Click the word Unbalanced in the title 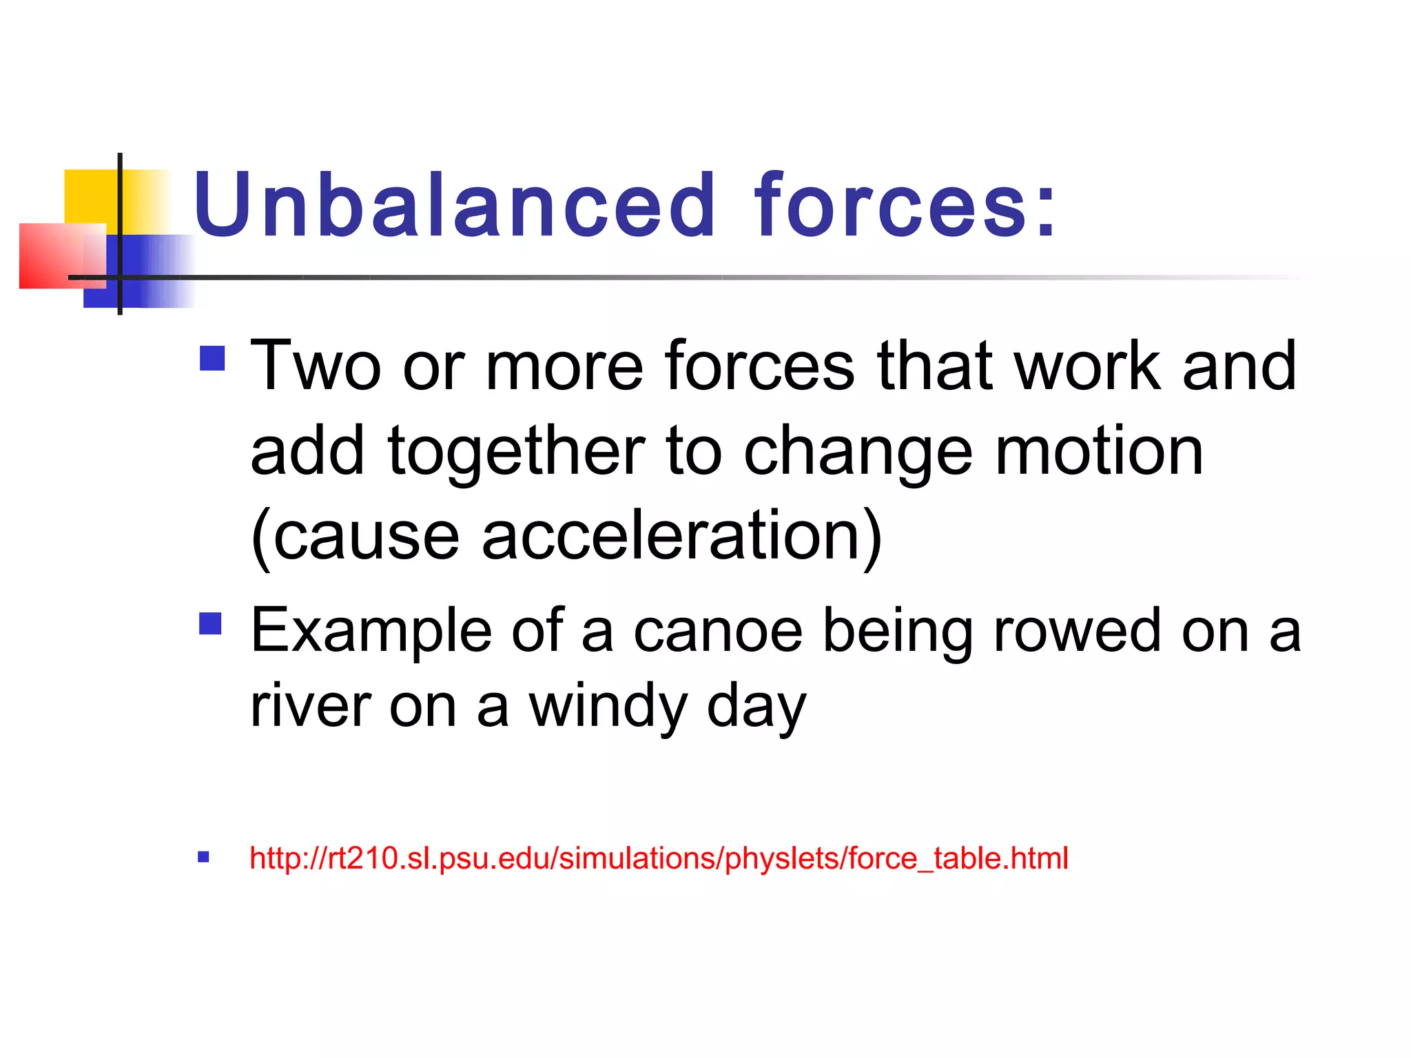[455, 205]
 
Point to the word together [516, 452]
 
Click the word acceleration [681, 536]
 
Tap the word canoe [718, 631]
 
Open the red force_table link [659, 858]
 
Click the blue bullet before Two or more [212, 358]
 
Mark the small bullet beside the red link [203, 858]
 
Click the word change [858, 452]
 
